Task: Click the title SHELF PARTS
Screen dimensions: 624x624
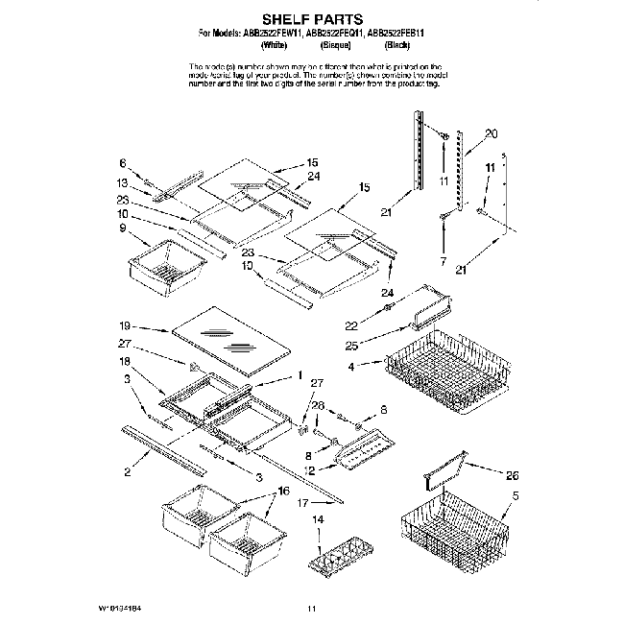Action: click(311, 17)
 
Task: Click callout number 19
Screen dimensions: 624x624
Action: click(125, 325)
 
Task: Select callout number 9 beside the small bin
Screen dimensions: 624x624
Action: click(123, 228)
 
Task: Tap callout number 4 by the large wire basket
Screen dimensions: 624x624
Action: click(353, 366)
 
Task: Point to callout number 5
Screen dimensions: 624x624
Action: click(516, 495)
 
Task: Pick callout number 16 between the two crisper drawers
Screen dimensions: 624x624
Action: click(283, 490)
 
